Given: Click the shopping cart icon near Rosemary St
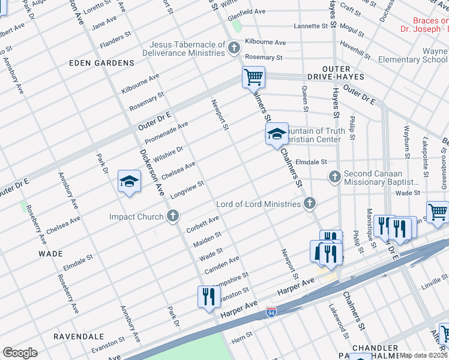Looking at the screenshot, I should coord(253,77).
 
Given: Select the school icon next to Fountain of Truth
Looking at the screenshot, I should coord(276,134).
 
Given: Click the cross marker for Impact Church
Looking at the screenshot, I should coord(173,216).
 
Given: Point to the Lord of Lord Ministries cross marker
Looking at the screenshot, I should coord(309,203).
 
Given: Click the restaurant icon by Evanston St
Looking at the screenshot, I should coord(208,296).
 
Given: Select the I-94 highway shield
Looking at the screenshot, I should coord(271,312).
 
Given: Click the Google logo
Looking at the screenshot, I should coord(20,353).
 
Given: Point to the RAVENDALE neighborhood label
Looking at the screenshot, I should coord(79,337).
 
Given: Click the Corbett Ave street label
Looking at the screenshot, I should coord(203,226).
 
